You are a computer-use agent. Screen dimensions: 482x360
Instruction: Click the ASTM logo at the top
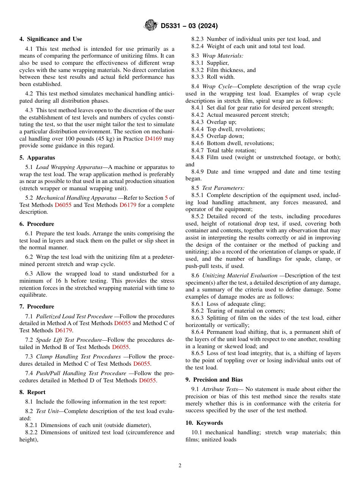(151, 26)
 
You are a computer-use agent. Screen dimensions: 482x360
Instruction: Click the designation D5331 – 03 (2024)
(189, 26)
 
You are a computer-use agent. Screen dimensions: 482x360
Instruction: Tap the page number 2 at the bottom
(180, 466)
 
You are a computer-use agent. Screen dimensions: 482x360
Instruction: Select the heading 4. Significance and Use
(51, 39)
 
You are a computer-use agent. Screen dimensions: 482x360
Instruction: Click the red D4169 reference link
(153, 139)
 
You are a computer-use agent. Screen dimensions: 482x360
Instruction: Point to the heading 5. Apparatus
(37, 158)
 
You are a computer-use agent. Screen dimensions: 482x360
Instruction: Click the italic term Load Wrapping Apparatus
(69, 167)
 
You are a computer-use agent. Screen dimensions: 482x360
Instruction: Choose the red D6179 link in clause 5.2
(128, 205)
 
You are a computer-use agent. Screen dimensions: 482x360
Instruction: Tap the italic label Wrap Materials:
(222, 56)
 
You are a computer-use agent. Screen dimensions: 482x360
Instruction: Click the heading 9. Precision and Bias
(214, 380)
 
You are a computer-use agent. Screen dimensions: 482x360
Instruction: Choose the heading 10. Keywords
(204, 423)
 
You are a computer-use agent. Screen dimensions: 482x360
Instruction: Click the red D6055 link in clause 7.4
(147, 380)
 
